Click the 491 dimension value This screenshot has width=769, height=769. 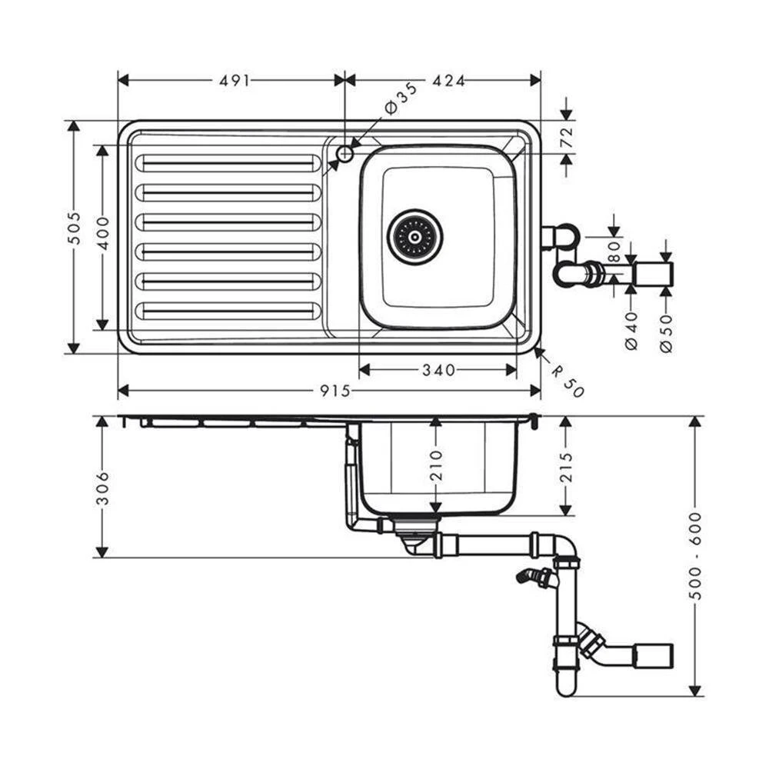(x=235, y=80)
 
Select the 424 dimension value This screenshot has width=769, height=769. (x=449, y=80)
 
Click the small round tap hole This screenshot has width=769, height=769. (x=345, y=154)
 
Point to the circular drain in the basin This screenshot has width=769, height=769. (x=415, y=236)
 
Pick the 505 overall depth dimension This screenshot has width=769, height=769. (x=73, y=228)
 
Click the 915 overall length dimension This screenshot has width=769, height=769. (x=335, y=391)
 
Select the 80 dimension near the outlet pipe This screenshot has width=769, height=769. (x=614, y=252)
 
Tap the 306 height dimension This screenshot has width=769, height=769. (x=103, y=488)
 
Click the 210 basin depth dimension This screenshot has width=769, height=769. (x=436, y=464)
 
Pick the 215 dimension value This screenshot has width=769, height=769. (x=566, y=466)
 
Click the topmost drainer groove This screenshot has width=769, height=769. (x=228, y=164)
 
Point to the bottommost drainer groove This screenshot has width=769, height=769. (x=228, y=311)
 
